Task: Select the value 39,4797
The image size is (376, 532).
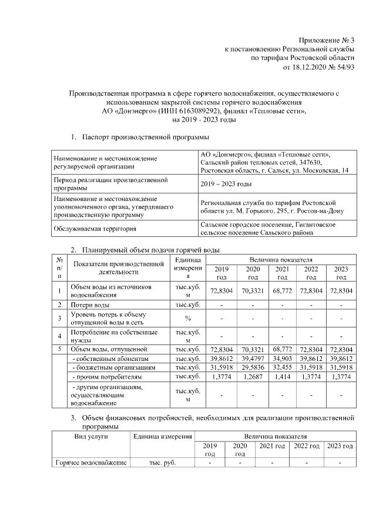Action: coord(253,358)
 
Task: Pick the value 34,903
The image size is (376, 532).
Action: coord(282,358)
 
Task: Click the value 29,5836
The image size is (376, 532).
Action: coord(253,367)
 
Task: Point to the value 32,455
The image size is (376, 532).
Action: coord(282,367)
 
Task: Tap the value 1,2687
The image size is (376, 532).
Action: coord(253,376)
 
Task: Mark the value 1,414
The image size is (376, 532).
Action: coord(282,376)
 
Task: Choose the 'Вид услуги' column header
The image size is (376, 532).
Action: coord(90,436)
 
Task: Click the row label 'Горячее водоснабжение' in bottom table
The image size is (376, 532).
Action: coord(90,463)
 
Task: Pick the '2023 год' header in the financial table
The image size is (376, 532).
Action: coord(340,447)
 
